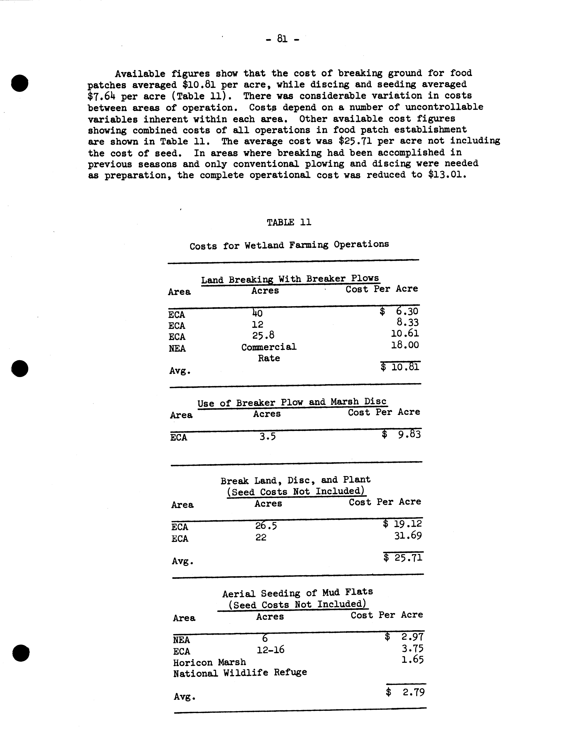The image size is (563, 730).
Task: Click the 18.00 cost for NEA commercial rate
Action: [405, 345]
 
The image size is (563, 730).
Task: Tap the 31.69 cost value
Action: [408, 536]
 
